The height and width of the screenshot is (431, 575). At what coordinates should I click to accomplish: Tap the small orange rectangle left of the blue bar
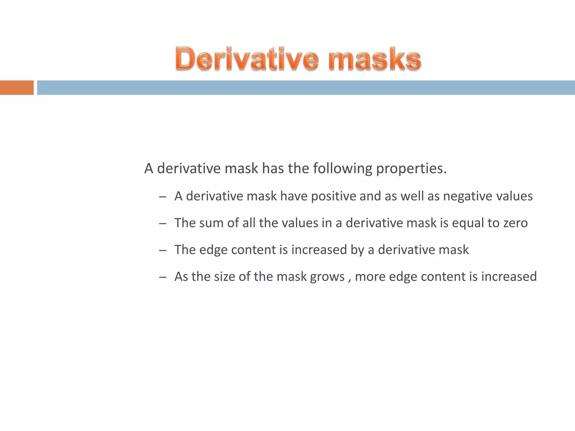17,88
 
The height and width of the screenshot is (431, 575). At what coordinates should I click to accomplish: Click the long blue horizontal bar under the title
306,88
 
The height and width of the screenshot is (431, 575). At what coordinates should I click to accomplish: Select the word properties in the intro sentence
411,169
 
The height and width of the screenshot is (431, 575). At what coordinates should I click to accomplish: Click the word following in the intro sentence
343,169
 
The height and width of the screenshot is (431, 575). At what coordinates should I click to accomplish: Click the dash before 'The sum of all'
163,224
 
